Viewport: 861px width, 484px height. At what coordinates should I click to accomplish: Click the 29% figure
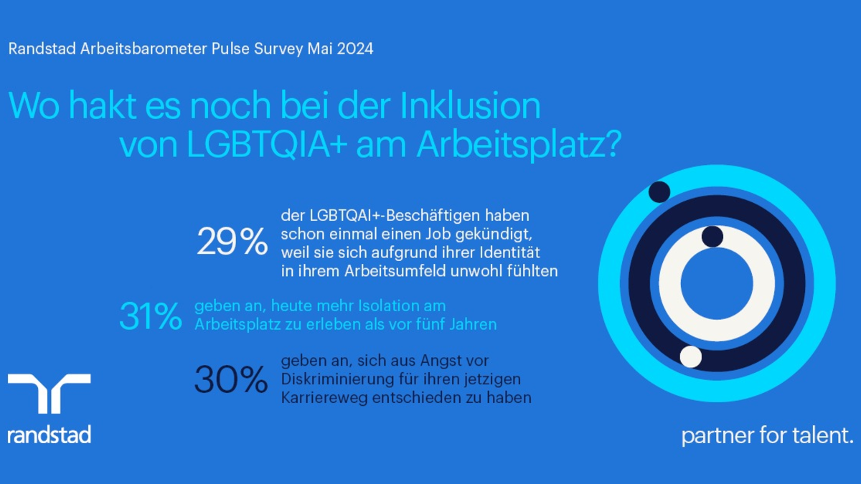pos(232,242)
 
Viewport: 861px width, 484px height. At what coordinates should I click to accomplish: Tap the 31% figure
pos(151,316)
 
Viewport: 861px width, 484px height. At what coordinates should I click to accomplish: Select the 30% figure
pos(230,380)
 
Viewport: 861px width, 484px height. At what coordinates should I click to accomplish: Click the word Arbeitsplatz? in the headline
pos(518,145)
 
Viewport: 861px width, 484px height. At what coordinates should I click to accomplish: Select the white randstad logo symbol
pos(49,394)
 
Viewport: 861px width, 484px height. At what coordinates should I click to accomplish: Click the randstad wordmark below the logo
pos(49,435)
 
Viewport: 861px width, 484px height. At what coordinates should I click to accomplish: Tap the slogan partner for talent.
pos(767,435)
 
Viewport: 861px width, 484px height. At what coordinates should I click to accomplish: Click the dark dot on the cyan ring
pos(659,191)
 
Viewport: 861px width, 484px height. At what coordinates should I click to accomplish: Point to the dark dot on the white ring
pos(712,237)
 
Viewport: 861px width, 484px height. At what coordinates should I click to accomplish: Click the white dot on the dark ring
pos(690,356)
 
